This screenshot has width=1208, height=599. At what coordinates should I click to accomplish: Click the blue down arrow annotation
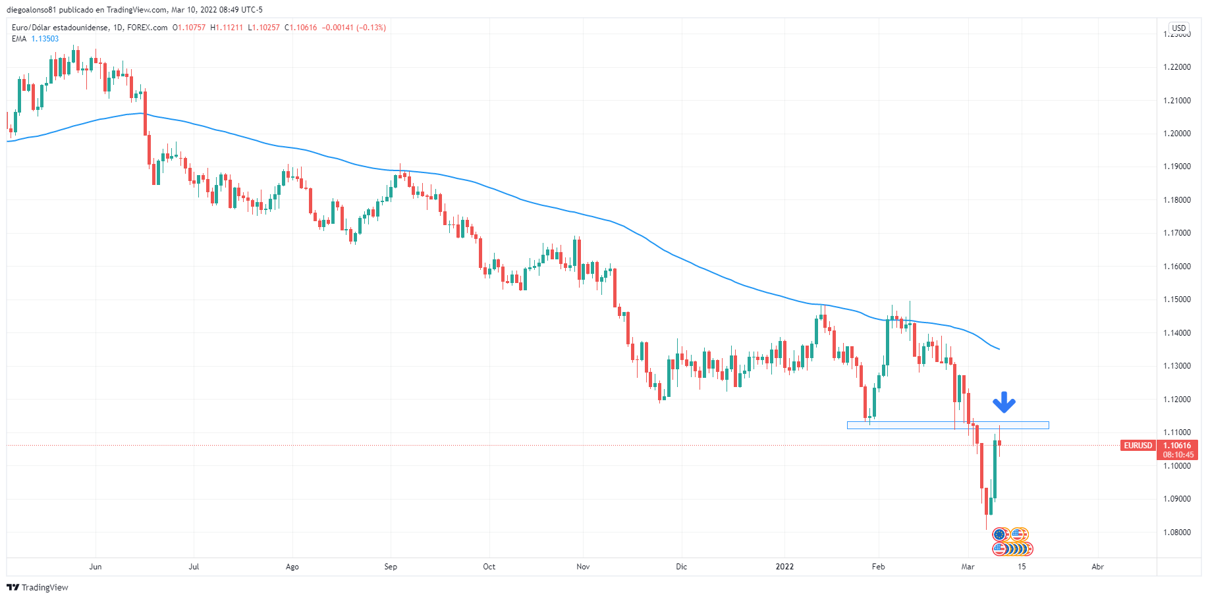[x=1004, y=402]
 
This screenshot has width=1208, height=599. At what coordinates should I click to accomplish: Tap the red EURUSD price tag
[x=1138, y=446]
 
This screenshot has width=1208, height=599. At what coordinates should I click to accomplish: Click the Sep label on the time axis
[x=391, y=567]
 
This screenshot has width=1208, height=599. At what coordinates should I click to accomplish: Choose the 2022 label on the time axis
[x=784, y=567]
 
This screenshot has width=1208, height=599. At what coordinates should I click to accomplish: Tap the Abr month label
[x=1097, y=567]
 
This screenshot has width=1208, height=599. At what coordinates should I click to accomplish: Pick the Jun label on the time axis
[x=96, y=567]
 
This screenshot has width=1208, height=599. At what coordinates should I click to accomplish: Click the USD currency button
[x=1178, y=28]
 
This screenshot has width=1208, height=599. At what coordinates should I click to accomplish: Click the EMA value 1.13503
[x=45, y=39]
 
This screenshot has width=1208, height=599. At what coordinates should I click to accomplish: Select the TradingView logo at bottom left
[x=38, y=587]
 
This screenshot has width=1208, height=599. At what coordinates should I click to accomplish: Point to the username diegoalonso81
[x=32, y=10]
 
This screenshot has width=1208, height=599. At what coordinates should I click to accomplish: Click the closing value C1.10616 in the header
[x=300, y=28]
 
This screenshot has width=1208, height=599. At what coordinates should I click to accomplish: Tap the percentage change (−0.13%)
[x=371, y=28]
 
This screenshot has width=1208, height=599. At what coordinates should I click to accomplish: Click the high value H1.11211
[x=227, y=28]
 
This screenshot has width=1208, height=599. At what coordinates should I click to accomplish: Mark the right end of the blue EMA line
[x=999, y=349]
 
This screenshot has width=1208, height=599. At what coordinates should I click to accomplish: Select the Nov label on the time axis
[x=582, y=567]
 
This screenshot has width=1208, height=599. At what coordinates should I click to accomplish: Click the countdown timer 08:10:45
[x=1178, y=455]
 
